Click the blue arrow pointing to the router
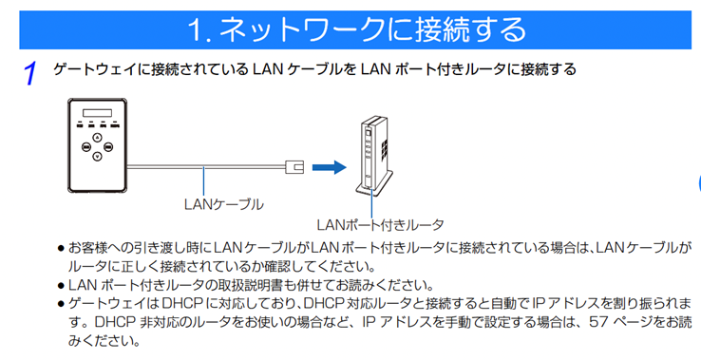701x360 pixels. coord(326,167)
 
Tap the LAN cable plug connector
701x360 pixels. coord(295,167)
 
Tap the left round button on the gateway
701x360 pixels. coord(85,147)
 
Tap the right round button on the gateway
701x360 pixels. coord(109,147)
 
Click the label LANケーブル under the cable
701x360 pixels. coord(224,203)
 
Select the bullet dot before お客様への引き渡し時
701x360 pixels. coord(61,248)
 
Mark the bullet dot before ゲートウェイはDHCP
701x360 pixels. coord(61,303)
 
